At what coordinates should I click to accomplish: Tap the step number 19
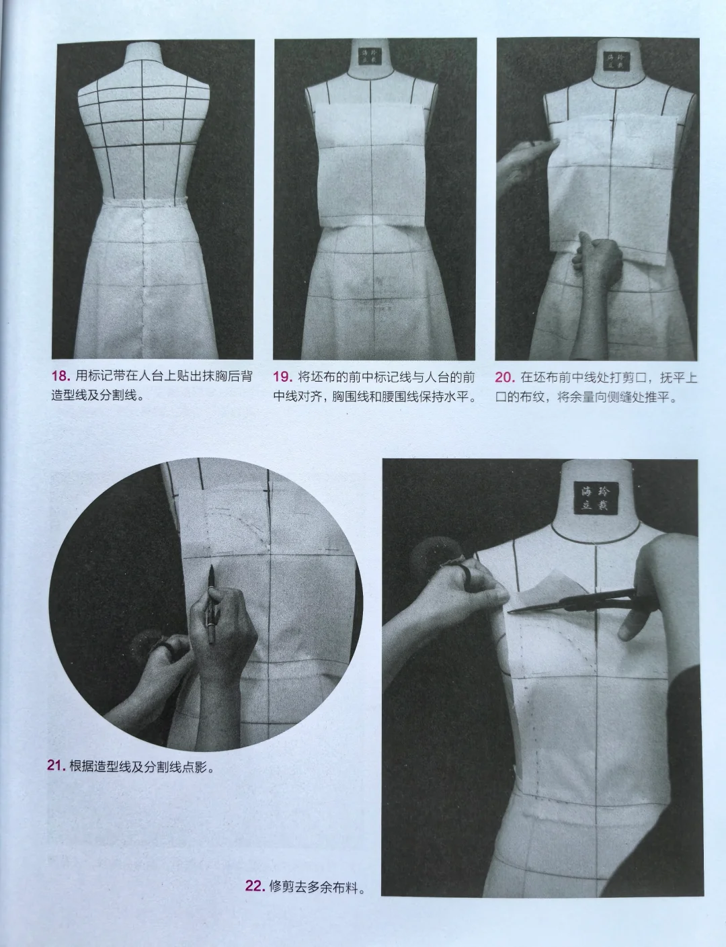282,376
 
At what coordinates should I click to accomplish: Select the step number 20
505,378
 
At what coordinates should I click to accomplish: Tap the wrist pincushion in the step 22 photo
438,558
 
